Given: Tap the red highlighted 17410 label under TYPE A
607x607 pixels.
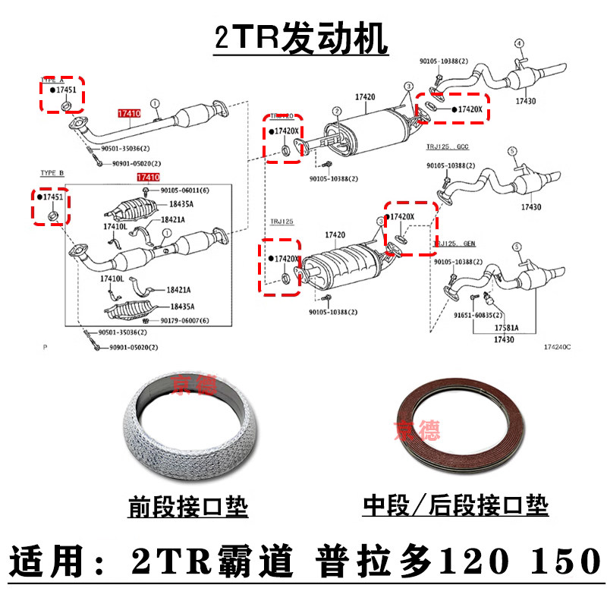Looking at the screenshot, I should pos(128,113).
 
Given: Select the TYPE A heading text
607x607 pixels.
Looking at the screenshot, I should pos(52,78).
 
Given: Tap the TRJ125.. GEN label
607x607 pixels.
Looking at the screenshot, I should pos(455,244).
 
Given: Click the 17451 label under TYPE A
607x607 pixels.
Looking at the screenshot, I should pos(64,90).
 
